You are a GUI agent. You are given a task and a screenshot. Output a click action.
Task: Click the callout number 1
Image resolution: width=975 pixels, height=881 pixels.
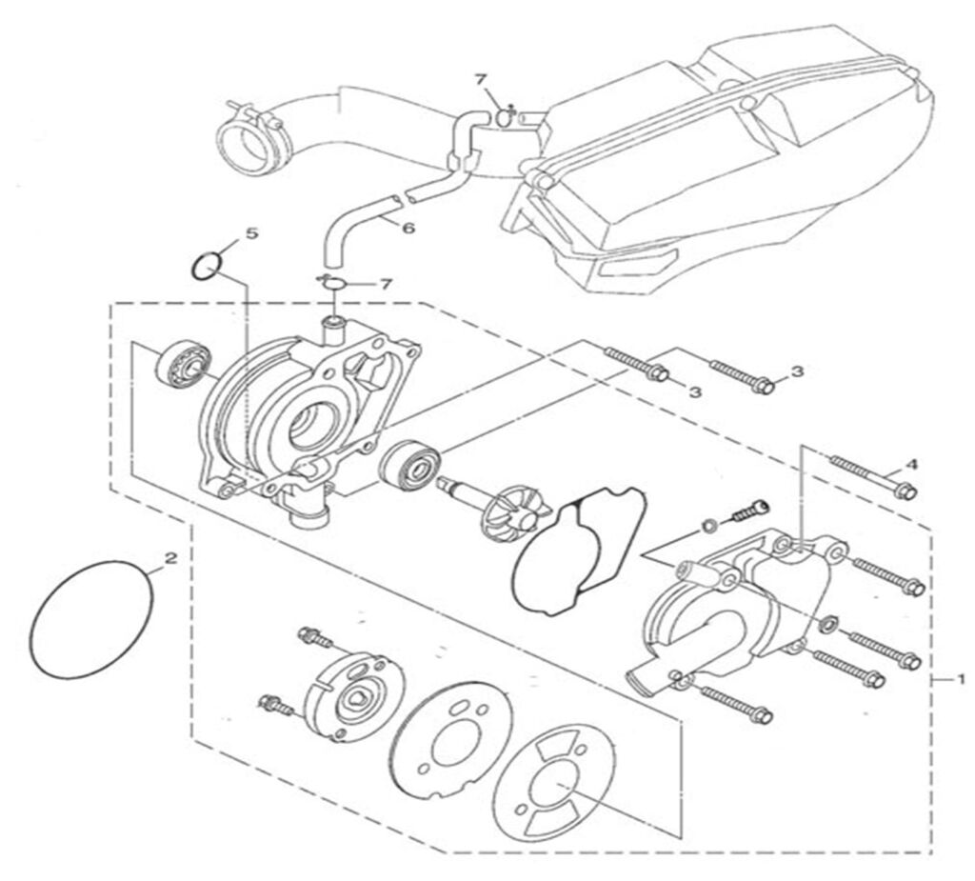[962, 679]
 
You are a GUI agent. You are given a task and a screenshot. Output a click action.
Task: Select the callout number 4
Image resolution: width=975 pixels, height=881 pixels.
[911, 464]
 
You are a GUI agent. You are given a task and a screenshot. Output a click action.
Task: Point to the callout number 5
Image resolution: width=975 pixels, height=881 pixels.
[251, 232]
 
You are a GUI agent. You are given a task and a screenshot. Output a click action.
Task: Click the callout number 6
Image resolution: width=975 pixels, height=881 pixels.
[382, 229]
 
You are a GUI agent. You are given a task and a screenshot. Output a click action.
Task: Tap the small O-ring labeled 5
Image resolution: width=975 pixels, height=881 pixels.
[207, 267]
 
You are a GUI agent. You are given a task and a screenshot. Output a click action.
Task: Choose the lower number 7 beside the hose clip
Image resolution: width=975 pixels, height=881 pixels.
[386, 284]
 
